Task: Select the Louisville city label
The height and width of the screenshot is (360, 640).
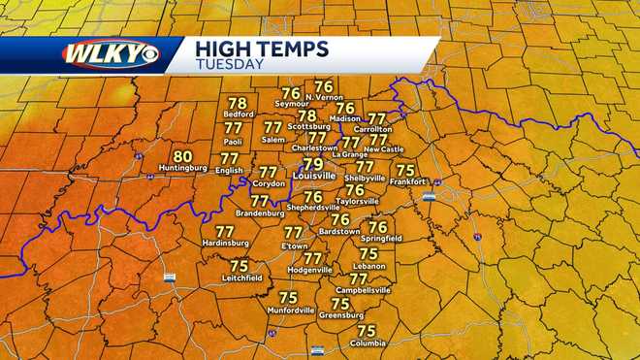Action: click(x=313, y=176)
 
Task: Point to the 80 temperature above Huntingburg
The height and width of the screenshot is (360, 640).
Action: click(x=182, y=156)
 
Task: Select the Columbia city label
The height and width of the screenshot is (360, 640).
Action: click(x=367, y=343)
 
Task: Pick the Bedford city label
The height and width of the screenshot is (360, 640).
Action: click(x=238, y=114)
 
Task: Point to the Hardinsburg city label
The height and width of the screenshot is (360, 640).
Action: click(x=224, y=244)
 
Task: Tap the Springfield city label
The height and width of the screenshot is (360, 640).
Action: click(x=378, y=238)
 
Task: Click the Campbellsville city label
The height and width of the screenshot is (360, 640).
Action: click(x=359, y=290)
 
